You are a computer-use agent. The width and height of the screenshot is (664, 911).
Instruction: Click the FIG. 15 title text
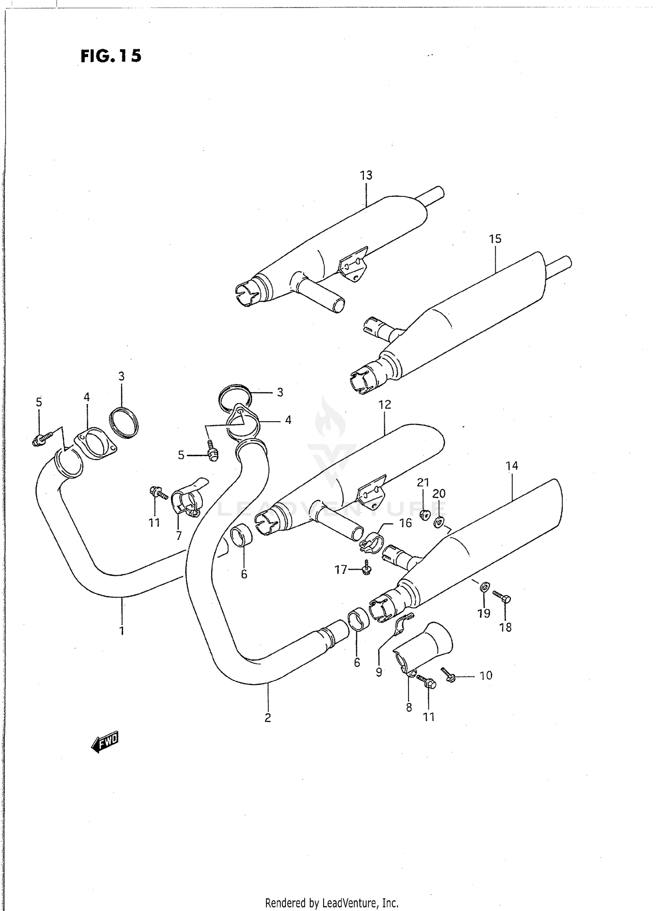coord(111,56)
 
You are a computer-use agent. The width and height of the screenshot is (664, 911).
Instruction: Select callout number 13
coord(366,176)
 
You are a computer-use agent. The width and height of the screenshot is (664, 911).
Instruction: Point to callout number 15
coord(495,239)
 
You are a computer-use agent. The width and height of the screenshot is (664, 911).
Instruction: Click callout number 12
coord(385,404)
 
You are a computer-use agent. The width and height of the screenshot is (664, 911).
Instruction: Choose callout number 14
coord(511,465)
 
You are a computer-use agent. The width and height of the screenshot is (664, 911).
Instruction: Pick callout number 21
coord(423,482)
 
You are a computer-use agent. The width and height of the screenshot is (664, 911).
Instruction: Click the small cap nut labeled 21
coord(425,515)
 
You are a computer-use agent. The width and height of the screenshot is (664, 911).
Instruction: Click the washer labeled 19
coord(485,588)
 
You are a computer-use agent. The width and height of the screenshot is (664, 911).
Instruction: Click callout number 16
coord(405,523)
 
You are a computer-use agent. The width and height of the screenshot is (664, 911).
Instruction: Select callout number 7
coord(178,536)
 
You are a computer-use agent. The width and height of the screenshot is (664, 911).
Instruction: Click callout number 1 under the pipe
coord(122,630)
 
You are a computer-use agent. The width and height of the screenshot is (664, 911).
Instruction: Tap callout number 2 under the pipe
coord(267,718)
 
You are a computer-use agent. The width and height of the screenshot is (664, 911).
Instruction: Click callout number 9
coord(378,673)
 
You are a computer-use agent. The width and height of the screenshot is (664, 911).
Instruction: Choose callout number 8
coord(409,707)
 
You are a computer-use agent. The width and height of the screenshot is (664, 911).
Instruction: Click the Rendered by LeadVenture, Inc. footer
coord(332,903)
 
